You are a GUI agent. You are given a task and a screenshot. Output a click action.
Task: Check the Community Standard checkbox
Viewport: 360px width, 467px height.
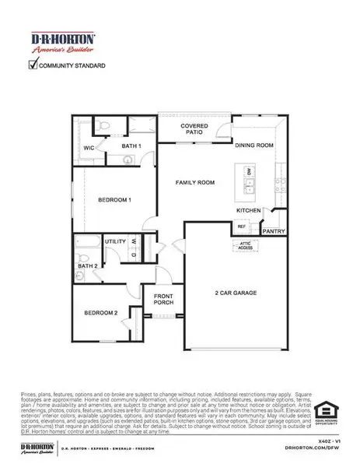pos(33,66)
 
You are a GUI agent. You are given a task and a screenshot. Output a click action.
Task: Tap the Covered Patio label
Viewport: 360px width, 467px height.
pos(193,128)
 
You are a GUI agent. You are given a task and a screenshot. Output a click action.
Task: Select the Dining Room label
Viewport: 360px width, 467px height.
pos(254,145)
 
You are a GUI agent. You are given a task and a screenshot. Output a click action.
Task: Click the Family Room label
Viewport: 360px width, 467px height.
pos(194,182)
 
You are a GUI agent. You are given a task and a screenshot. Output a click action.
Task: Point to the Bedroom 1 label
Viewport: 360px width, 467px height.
pos(114,200)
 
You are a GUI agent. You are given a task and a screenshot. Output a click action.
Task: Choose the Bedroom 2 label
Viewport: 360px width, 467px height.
pos(101,313)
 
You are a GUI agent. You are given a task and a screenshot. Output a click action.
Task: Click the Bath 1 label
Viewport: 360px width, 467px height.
pos(131,146)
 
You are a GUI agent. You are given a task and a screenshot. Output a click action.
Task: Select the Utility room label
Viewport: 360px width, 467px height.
pos(116,242)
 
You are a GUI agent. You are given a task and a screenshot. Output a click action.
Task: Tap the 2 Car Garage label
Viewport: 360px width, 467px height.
pos(236,293)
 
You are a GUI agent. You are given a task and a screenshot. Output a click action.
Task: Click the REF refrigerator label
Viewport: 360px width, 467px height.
pos(241,226)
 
